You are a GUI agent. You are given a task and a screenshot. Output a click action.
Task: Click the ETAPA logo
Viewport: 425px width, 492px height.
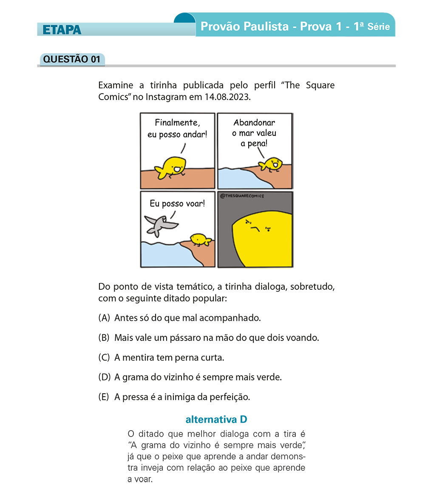62,29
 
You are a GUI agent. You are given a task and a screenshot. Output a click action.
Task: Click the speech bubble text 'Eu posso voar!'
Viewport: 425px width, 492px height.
177,203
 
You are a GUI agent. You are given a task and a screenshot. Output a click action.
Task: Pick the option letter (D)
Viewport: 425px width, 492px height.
104,378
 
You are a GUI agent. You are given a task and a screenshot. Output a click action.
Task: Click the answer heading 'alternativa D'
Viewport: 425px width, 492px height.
216,420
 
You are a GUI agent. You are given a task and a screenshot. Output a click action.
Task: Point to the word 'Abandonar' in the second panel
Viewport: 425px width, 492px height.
254,123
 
